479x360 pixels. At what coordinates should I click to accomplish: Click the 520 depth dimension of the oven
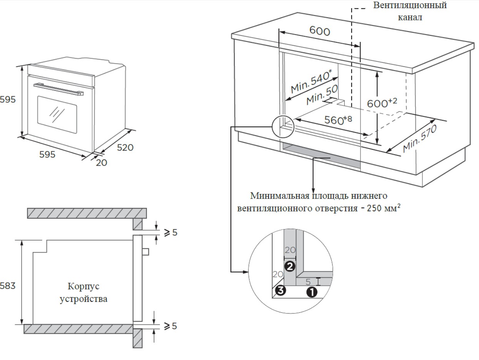coord(125,147)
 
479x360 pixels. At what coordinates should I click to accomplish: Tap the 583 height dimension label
coord(8,286)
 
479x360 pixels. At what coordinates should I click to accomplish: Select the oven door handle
coord(58,89)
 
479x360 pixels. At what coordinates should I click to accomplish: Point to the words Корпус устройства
coord(83,293)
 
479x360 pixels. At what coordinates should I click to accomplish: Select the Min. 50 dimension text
coord(322,95)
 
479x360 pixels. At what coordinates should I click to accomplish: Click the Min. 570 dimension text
coord(420,139)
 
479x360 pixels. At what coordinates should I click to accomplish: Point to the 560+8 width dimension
coord(338,119)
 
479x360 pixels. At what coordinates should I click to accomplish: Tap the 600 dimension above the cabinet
coord(319,30)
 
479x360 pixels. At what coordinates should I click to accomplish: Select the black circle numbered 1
coord(311,292)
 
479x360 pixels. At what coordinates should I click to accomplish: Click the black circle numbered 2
coord(290,266)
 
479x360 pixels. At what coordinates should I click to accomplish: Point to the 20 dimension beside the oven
coord(102,163)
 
